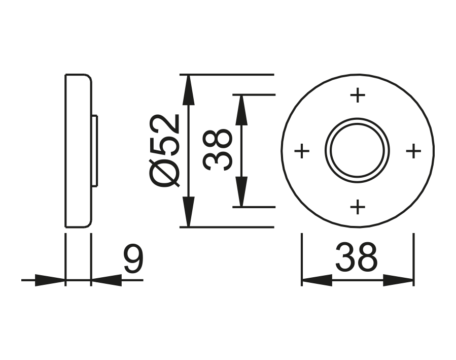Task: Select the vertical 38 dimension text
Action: tap(218, 150)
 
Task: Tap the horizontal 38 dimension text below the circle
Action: tap(357, 257)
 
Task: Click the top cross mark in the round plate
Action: tap(358, 95)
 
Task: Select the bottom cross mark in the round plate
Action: tap(358, 207)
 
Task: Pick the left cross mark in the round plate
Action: tap(302, 151)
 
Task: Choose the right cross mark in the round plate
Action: tap(414, 151)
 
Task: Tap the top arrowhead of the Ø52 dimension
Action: tap(189, 89)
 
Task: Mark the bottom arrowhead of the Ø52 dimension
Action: tap(189, 212)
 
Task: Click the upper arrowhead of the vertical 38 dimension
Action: tap(241, 109)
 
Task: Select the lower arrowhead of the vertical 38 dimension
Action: tap(241, 192)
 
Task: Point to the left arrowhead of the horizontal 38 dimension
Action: tap(317, 280)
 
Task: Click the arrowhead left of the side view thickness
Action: tap(51, 280)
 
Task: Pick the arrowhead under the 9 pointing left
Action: tap(106, 280)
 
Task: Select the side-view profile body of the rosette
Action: tap(78, 151)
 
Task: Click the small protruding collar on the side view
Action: tap(94, 151)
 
